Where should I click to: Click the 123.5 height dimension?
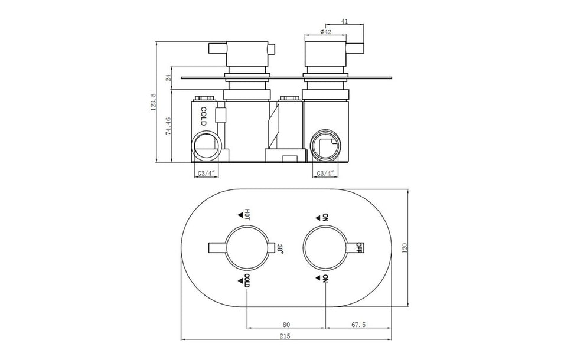[x=154, y=102]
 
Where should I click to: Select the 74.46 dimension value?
[x=169, y=126]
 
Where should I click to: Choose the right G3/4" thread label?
[x=326, y=174]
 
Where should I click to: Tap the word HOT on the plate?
[x=247, y=214]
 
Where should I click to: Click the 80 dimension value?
[x=286, y=324]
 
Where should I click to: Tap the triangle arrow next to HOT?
[x=240, y=214]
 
